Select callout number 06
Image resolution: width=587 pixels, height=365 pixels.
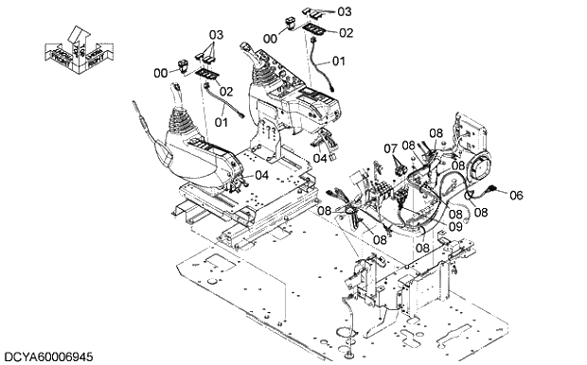pos(515,195)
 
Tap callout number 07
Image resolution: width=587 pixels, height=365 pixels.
pos(390,148)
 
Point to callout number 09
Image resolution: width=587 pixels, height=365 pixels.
pos(455,227)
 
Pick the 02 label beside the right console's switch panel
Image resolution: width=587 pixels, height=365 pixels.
pos(345,32)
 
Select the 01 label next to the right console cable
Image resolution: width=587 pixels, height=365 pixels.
pos(339,61)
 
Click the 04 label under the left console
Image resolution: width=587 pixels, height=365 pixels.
pos(261,174)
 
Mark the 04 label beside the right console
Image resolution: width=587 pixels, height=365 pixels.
pos(321,158)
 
